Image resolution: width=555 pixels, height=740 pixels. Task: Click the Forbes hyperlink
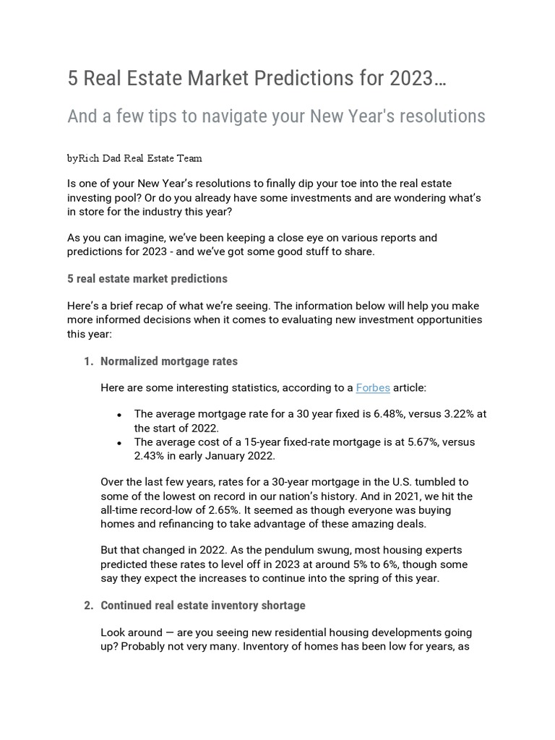tap(373, 388)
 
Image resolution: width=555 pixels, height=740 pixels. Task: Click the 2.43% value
tap(151, 455)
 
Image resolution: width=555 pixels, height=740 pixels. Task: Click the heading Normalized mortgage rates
tap(169, 361)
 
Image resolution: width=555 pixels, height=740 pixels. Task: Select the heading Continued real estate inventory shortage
tap(203, 605)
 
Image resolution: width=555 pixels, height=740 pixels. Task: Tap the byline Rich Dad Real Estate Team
tap(140, 158)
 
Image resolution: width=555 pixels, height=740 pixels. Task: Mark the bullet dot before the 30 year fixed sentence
tap(119, 416)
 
